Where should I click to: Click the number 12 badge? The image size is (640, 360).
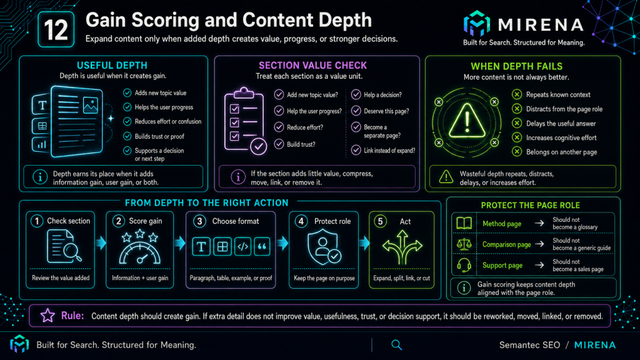click(56, 29)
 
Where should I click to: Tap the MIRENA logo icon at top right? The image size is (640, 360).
click(476, 23)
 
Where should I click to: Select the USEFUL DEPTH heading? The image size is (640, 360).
click(112, 65)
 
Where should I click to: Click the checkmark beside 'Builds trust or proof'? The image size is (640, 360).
click(127, 136)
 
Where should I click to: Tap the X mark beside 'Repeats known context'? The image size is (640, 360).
click(517, 94)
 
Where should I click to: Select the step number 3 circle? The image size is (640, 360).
click(199, 221)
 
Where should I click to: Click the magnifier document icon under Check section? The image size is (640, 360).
click(64, 246)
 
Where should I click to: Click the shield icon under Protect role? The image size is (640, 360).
click(324, 247)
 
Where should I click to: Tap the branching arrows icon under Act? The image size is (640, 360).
click(402, 247)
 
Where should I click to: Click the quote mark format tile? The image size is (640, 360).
click(262, 246)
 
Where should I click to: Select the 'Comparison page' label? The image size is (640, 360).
click(506, 244)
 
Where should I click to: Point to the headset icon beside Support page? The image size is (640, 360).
click(464, 265)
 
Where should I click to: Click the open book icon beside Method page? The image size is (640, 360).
click(464, 223)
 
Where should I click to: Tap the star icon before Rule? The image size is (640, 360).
click(47, 316)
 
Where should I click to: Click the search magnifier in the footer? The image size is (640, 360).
click(397, 345)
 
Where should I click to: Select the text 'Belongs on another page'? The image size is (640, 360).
click(561, 152)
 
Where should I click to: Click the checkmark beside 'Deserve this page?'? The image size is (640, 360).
click(356, 111)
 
